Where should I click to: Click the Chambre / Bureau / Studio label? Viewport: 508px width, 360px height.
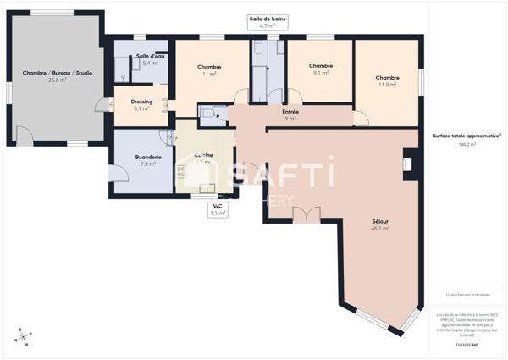(x=58, y=73)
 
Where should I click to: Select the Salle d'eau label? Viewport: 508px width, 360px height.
(x=149, y=57)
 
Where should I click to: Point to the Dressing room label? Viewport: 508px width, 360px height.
(x=141, y=102)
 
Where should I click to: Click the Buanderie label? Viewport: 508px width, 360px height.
(x=148, y=157)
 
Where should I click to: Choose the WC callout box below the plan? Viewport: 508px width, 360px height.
(x=218, y=210)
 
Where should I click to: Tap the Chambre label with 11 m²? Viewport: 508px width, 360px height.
(x=209, y=67)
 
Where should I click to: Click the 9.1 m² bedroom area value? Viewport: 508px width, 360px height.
(x=320, y=73)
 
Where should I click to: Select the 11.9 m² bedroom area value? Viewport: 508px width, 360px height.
(x=387, y=85)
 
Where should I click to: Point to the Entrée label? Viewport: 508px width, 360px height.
(x=290, y=112)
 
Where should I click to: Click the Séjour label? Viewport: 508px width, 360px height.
(x=380, y=220)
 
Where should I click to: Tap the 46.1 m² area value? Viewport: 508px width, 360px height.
(x=380, y=228)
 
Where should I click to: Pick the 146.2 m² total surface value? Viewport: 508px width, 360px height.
(x=467, y=144)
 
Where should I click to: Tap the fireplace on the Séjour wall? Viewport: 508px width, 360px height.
(x=407, y=164)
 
